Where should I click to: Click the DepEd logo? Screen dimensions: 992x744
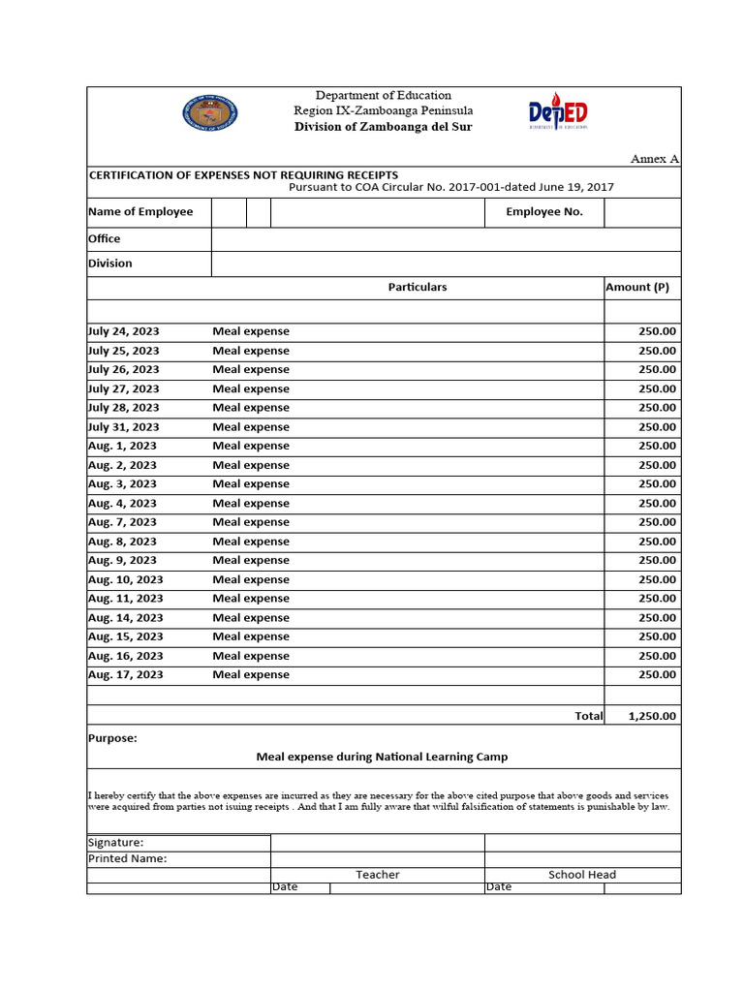coord(558,112)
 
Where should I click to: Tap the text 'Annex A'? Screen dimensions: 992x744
coord(655,159)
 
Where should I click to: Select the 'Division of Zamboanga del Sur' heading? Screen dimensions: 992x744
coord(384,127)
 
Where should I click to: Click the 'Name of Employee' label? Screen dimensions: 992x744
coord(140,212)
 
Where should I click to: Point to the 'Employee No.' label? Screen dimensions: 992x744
coord(544,212)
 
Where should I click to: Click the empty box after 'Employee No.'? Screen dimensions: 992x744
coord(642,212)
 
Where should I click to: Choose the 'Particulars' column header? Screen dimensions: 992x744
coord(418,288)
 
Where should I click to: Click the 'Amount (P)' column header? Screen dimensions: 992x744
coord(637,288)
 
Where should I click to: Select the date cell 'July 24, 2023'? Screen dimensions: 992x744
coord(124,331)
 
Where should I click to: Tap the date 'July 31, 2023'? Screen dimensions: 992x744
coord(124,427)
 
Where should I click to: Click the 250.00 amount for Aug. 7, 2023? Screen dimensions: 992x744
coord(658,522)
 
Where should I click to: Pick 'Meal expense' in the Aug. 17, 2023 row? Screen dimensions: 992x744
coord(251,675)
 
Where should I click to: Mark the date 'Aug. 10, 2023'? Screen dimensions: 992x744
coord(126,580)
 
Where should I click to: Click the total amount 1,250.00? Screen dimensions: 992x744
coord(653,717)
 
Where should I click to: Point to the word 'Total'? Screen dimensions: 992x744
coord(588,717)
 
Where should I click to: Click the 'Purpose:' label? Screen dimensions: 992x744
coord(112,738)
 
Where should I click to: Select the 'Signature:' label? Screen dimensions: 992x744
coord(116,843)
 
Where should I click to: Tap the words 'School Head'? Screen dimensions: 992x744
coord(582,875)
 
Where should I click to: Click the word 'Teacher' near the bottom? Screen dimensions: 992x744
coord(378,875)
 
